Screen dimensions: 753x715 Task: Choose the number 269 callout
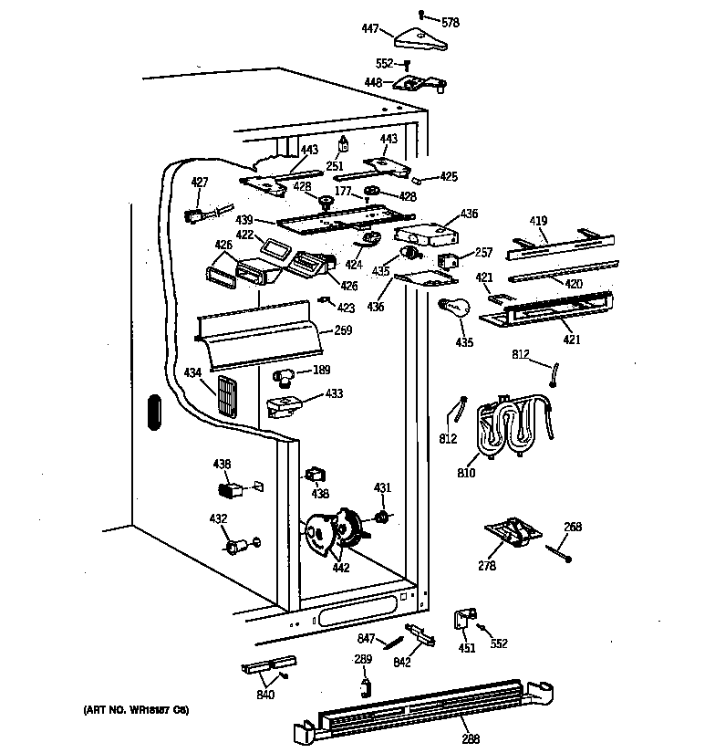(x=342, y=330)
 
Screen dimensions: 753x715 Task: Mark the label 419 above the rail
(x=539, y=221)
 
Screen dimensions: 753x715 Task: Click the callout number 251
(x=335, y=166)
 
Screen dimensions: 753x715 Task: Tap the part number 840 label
(x=265, y=695)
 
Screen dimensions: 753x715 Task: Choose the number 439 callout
(x=244, y=220)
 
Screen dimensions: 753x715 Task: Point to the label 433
(x=335, y=395)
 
